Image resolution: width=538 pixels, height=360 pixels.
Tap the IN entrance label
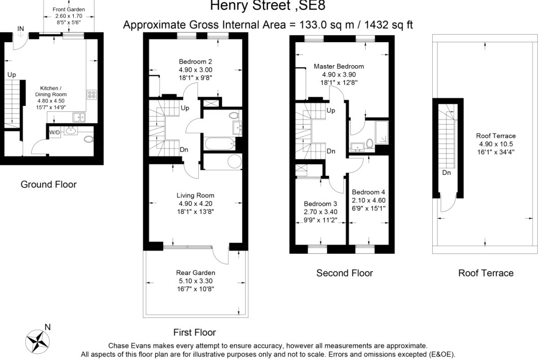pyautogui.click(x=20, y=28)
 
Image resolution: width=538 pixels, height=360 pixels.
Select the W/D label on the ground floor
pyautogui.click(x=54, y=133)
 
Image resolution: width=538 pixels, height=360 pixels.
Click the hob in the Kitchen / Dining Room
pyautogui.click(x=92, y=95)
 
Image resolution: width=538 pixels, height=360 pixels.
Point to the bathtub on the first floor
pyautogui.click(x=220, y=144)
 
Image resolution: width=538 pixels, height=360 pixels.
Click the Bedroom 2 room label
pyautogui.click(x=195, y=62)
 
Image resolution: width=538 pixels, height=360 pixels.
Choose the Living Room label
pyautogui.click(x=196, y=195)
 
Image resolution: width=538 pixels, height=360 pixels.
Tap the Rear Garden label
pyautogui.click(x=196, y=273)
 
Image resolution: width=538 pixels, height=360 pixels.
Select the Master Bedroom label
pyautogui.click(x=339, y=66)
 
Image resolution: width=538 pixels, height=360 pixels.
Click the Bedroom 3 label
pyautogui.click(x=320, y=204)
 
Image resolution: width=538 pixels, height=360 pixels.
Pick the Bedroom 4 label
pyautogui.click(x=369, y=192)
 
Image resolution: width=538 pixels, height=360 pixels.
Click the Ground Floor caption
pyautogui.click(x=48, y=184)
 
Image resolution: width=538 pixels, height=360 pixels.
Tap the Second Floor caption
pyautogui.click(x=344, y=273)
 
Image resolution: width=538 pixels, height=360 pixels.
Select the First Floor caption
pyautogui.click(x=195, y=332)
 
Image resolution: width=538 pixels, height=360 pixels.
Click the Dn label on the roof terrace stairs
pyautogui.click(x=446, y=172)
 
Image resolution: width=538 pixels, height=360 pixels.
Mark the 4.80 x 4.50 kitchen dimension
pyautogui.click(x=51, y=101)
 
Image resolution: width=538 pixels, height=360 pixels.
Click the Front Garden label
pyautogui.click(x=69, y=10)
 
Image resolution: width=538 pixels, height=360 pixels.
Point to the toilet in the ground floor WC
pyautogui.click(x=88, y=139)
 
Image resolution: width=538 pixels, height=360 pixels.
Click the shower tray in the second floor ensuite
pyautogui.click(x=382, y=132)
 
